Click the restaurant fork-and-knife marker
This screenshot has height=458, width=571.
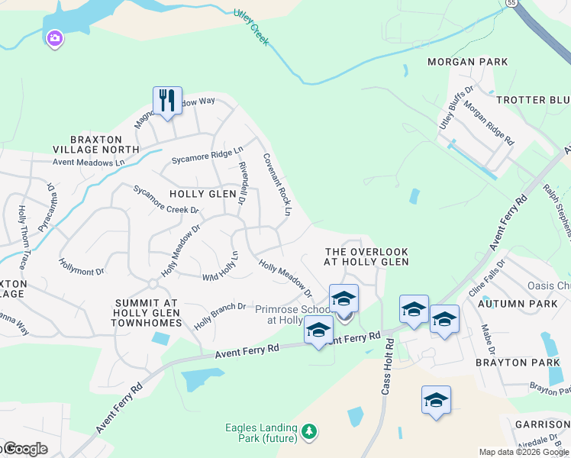167,101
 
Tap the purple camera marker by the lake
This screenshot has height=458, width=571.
54,38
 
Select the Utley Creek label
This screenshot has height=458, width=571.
251,27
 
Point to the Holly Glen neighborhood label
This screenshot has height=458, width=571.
203,194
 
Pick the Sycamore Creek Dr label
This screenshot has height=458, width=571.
166,200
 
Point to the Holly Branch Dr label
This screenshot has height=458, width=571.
219,315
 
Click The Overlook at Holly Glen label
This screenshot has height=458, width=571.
366,256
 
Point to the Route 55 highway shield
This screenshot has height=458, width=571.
509,3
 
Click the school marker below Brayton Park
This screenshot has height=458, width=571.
436,401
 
